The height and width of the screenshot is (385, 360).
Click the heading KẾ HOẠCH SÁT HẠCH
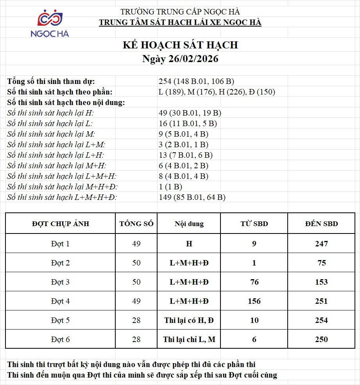coord(180,45)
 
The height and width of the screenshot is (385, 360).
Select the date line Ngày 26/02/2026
coord(180,59)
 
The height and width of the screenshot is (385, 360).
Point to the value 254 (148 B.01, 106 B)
coord(196,82)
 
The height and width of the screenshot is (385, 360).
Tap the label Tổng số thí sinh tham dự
coord(51,82)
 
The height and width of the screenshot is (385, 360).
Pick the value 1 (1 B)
coord(170,187)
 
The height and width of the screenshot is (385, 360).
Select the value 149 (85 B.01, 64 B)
coord(192,198)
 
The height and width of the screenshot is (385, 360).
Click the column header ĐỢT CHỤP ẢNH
coord(61,224)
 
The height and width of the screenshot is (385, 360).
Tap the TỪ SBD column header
coord(254,224)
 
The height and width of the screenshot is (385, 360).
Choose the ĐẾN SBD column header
coord(321,224)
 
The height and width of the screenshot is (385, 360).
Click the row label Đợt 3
coord(60,282)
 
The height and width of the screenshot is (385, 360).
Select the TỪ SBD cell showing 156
coord(254,301)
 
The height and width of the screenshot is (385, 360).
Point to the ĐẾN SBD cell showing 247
coord(321,244)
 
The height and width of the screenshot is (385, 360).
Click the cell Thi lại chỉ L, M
coord(189,339)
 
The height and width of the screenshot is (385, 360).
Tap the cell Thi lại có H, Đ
coord(189,320)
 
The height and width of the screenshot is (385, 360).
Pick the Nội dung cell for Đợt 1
coord(189,244)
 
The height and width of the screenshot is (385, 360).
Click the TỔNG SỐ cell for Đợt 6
coord(136,339)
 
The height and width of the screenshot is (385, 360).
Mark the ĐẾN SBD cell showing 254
coord(321,320)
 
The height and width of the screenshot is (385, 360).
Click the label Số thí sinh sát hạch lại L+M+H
coord(62,176)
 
